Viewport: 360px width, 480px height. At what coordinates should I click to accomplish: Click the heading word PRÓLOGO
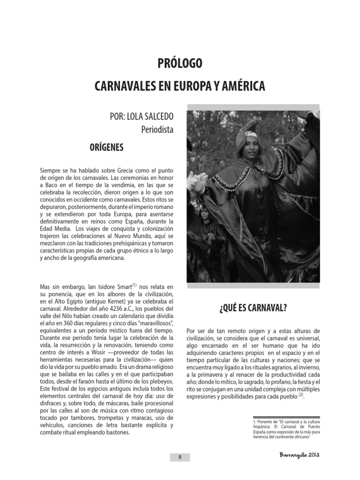pos(180,63)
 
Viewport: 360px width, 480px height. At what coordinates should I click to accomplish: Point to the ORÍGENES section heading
pos(106,148)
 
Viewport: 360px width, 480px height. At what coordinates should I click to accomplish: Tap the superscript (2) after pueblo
pos(301,395)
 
